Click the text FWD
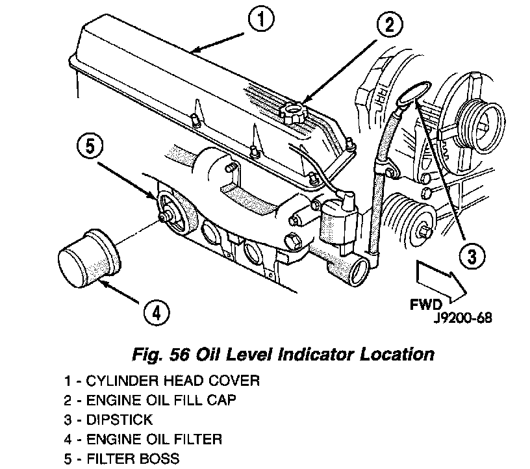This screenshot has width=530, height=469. (x=426, y=303)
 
